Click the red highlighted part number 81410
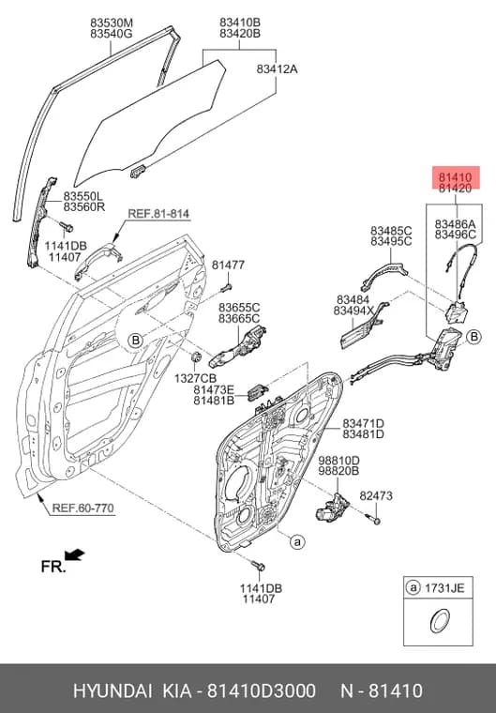(455, 177)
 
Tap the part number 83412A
(277, 69)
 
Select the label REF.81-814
(158, 213)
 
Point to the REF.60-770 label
(83, 508)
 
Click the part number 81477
(228, 265)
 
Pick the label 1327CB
(195, 378)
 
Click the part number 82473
(376, 495)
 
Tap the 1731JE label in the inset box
(444, 588)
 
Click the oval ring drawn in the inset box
(439, 621)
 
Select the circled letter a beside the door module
(297, 541)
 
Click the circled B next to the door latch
(474, 337)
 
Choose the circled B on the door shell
(135, 341)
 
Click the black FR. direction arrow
(75, 554)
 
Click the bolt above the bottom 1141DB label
(258, 566)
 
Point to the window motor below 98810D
(332, 507)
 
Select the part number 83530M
(111, 23)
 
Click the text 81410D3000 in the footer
(262, 690)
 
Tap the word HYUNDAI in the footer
(113, 690)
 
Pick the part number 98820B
(338, 471)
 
